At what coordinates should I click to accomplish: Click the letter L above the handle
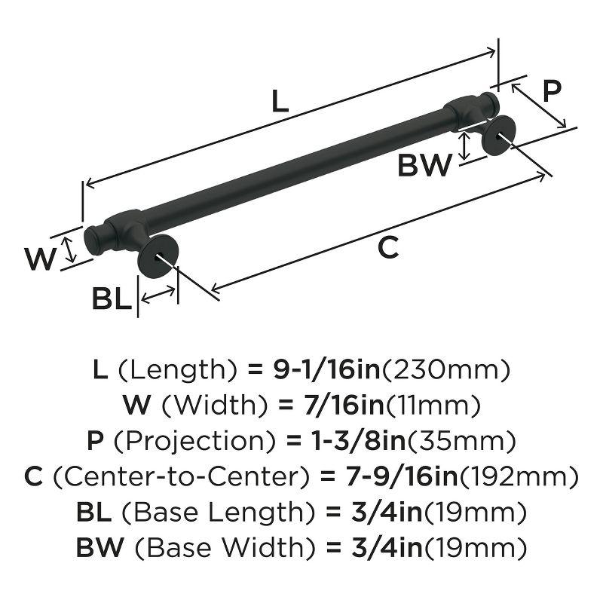pos(280,101)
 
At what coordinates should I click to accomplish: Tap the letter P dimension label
pos(552,91)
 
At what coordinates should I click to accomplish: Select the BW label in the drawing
pos(424,165)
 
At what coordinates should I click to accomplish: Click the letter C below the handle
pos(387,247)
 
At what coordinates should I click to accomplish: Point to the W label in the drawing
pos(40,260)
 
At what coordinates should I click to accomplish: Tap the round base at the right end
pos(500,138)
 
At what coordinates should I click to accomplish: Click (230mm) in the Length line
pos(448,370)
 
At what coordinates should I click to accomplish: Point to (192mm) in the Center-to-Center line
pos(519,477)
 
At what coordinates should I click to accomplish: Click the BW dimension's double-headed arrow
pos(467,145)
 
